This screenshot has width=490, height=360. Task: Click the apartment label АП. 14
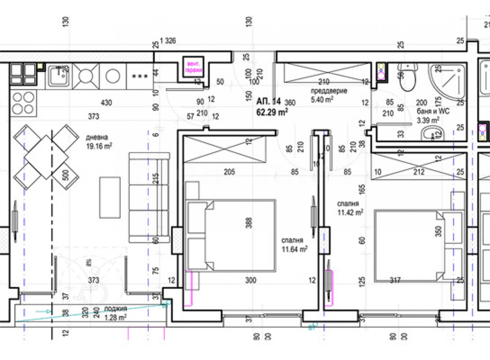tap(268, 101)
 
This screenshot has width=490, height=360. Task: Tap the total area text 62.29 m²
tap(272, 112)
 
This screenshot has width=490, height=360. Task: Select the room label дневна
tap(97, 137)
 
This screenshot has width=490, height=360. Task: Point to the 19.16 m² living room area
tap(99, 146)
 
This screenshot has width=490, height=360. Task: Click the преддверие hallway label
tap(329, 91)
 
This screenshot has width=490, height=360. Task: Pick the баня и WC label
tap(433, 111)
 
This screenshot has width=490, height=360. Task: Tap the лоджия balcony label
tap(115, 309)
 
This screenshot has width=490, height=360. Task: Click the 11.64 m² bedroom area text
tap(294, 249)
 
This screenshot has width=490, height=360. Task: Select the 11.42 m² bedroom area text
tap(350, 212)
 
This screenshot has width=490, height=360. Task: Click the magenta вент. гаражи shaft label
tap(194, 67)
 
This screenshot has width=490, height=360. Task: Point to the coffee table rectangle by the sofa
tap(110, 197)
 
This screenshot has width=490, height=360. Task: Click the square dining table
tap(46, 157)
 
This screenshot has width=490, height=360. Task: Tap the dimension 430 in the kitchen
tap(106, 103)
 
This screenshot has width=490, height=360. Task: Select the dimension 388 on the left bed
tap(249, 223)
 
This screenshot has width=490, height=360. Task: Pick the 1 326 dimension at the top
tap(168, 41)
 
